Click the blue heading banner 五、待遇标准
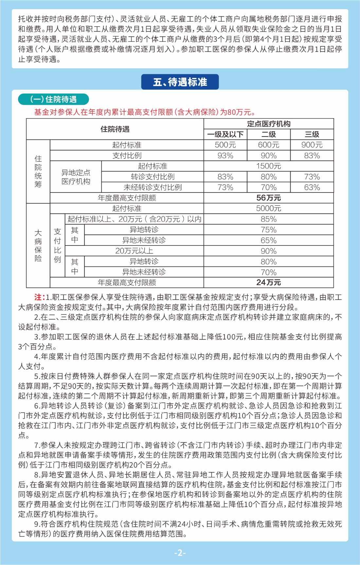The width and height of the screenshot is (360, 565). coord(180,82)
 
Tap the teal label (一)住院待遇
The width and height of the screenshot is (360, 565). coord(53,99)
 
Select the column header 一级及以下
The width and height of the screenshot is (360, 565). coord(225,134)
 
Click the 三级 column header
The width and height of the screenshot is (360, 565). coord(312,134)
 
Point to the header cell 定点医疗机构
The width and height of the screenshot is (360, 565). coord(268,124)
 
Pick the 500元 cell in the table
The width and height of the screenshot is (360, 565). coord(225,145)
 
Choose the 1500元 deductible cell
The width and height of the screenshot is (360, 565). coord(268,166)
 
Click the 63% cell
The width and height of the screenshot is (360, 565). coord(312,187)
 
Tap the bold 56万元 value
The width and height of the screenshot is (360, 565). coord(268,198)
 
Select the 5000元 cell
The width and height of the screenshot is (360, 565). coord(268,208)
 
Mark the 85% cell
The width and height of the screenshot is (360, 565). coord(268,219)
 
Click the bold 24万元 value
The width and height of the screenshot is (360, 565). coord(268,282)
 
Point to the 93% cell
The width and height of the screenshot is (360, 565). coord(225,155)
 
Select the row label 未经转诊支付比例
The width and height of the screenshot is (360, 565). coord(153,187)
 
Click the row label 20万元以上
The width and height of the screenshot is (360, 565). coord(134,251)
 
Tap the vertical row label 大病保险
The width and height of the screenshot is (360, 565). coord(38,246)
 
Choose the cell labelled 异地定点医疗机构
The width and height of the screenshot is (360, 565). coord(76,177)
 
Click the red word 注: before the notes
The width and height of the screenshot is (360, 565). coord(39,297)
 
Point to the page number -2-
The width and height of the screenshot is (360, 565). coord(180,553)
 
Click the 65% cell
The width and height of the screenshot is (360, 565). coord(268,240)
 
